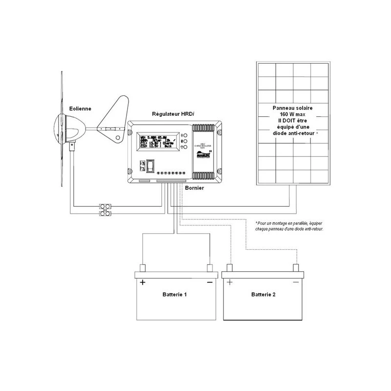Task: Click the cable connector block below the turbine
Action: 106,210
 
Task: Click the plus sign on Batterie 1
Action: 143,282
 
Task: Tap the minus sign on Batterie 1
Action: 209,282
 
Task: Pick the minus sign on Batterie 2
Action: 296,282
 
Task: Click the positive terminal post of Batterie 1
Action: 143,268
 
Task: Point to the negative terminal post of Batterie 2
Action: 296,268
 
